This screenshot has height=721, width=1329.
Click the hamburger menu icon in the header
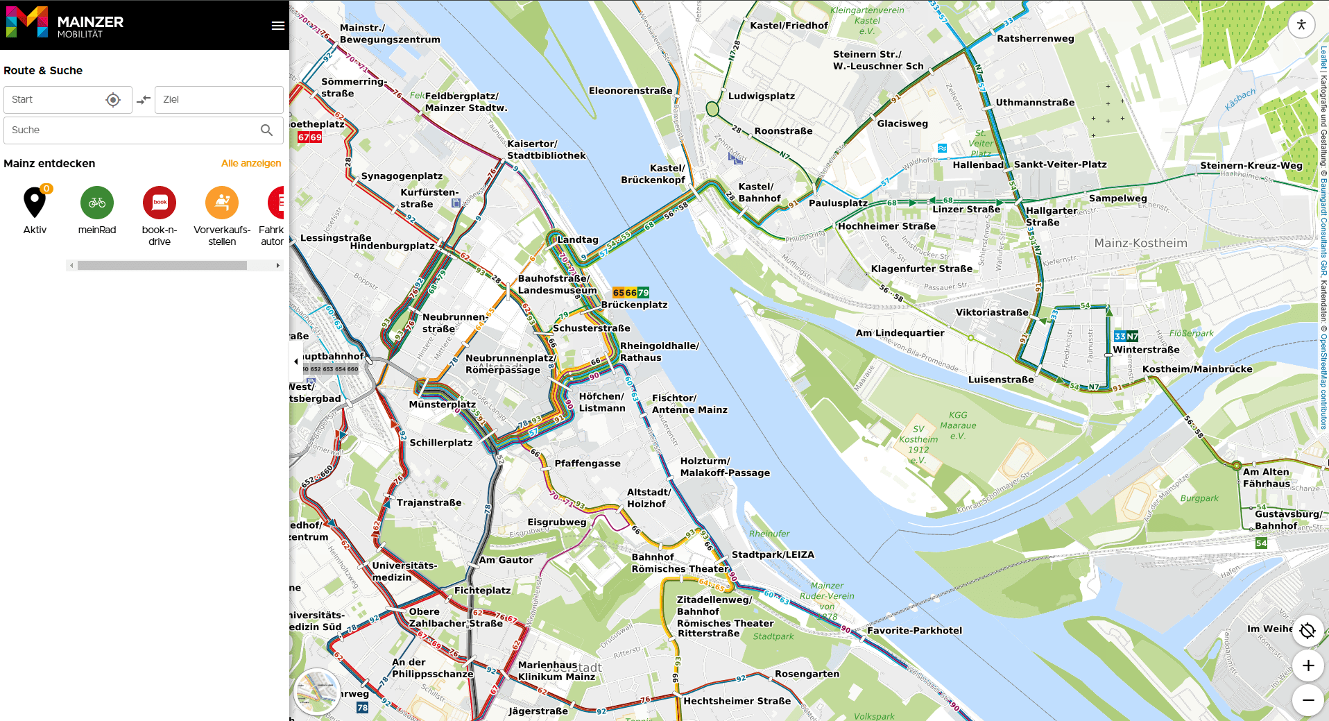coord(277,26)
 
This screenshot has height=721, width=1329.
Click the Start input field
coord(55,100)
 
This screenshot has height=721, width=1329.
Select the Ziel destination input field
coord(218,100)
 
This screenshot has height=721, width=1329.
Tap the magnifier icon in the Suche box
coord(266,130)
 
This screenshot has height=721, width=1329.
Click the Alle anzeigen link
coord(251,163)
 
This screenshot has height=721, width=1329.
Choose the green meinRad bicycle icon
coord(97,203)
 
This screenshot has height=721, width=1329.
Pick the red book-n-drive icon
coord(160,203)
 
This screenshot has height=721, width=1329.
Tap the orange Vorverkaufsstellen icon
coord(222,203)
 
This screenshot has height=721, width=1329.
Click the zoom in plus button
coord(1308,665)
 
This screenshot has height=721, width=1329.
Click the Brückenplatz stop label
coord(634,305)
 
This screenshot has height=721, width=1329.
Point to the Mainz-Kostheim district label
coord(1140,243)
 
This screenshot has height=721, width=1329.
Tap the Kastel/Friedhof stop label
coord(789,26)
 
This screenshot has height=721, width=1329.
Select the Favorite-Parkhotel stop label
coord(914,630)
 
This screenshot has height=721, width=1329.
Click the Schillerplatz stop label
coord(441,442)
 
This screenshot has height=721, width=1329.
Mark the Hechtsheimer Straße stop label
coord(737,701)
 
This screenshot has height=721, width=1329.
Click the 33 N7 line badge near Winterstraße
coord(1126,336)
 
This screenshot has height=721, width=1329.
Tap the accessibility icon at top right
coord(1301,25)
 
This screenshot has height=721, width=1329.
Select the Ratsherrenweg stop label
coord(1035,38)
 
